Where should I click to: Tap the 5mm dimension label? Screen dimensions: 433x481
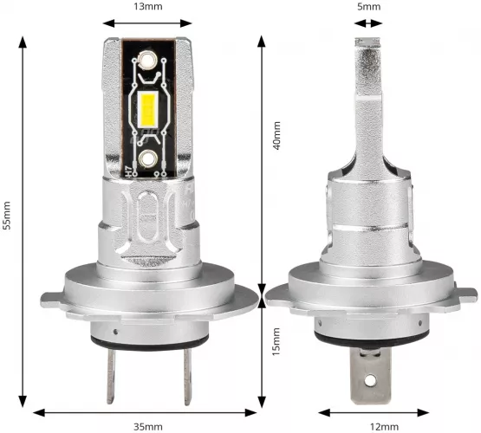[x=369, y=7]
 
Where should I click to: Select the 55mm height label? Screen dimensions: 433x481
[x=7, y=217]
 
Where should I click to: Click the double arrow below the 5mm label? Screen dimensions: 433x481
[x=369, y=24]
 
